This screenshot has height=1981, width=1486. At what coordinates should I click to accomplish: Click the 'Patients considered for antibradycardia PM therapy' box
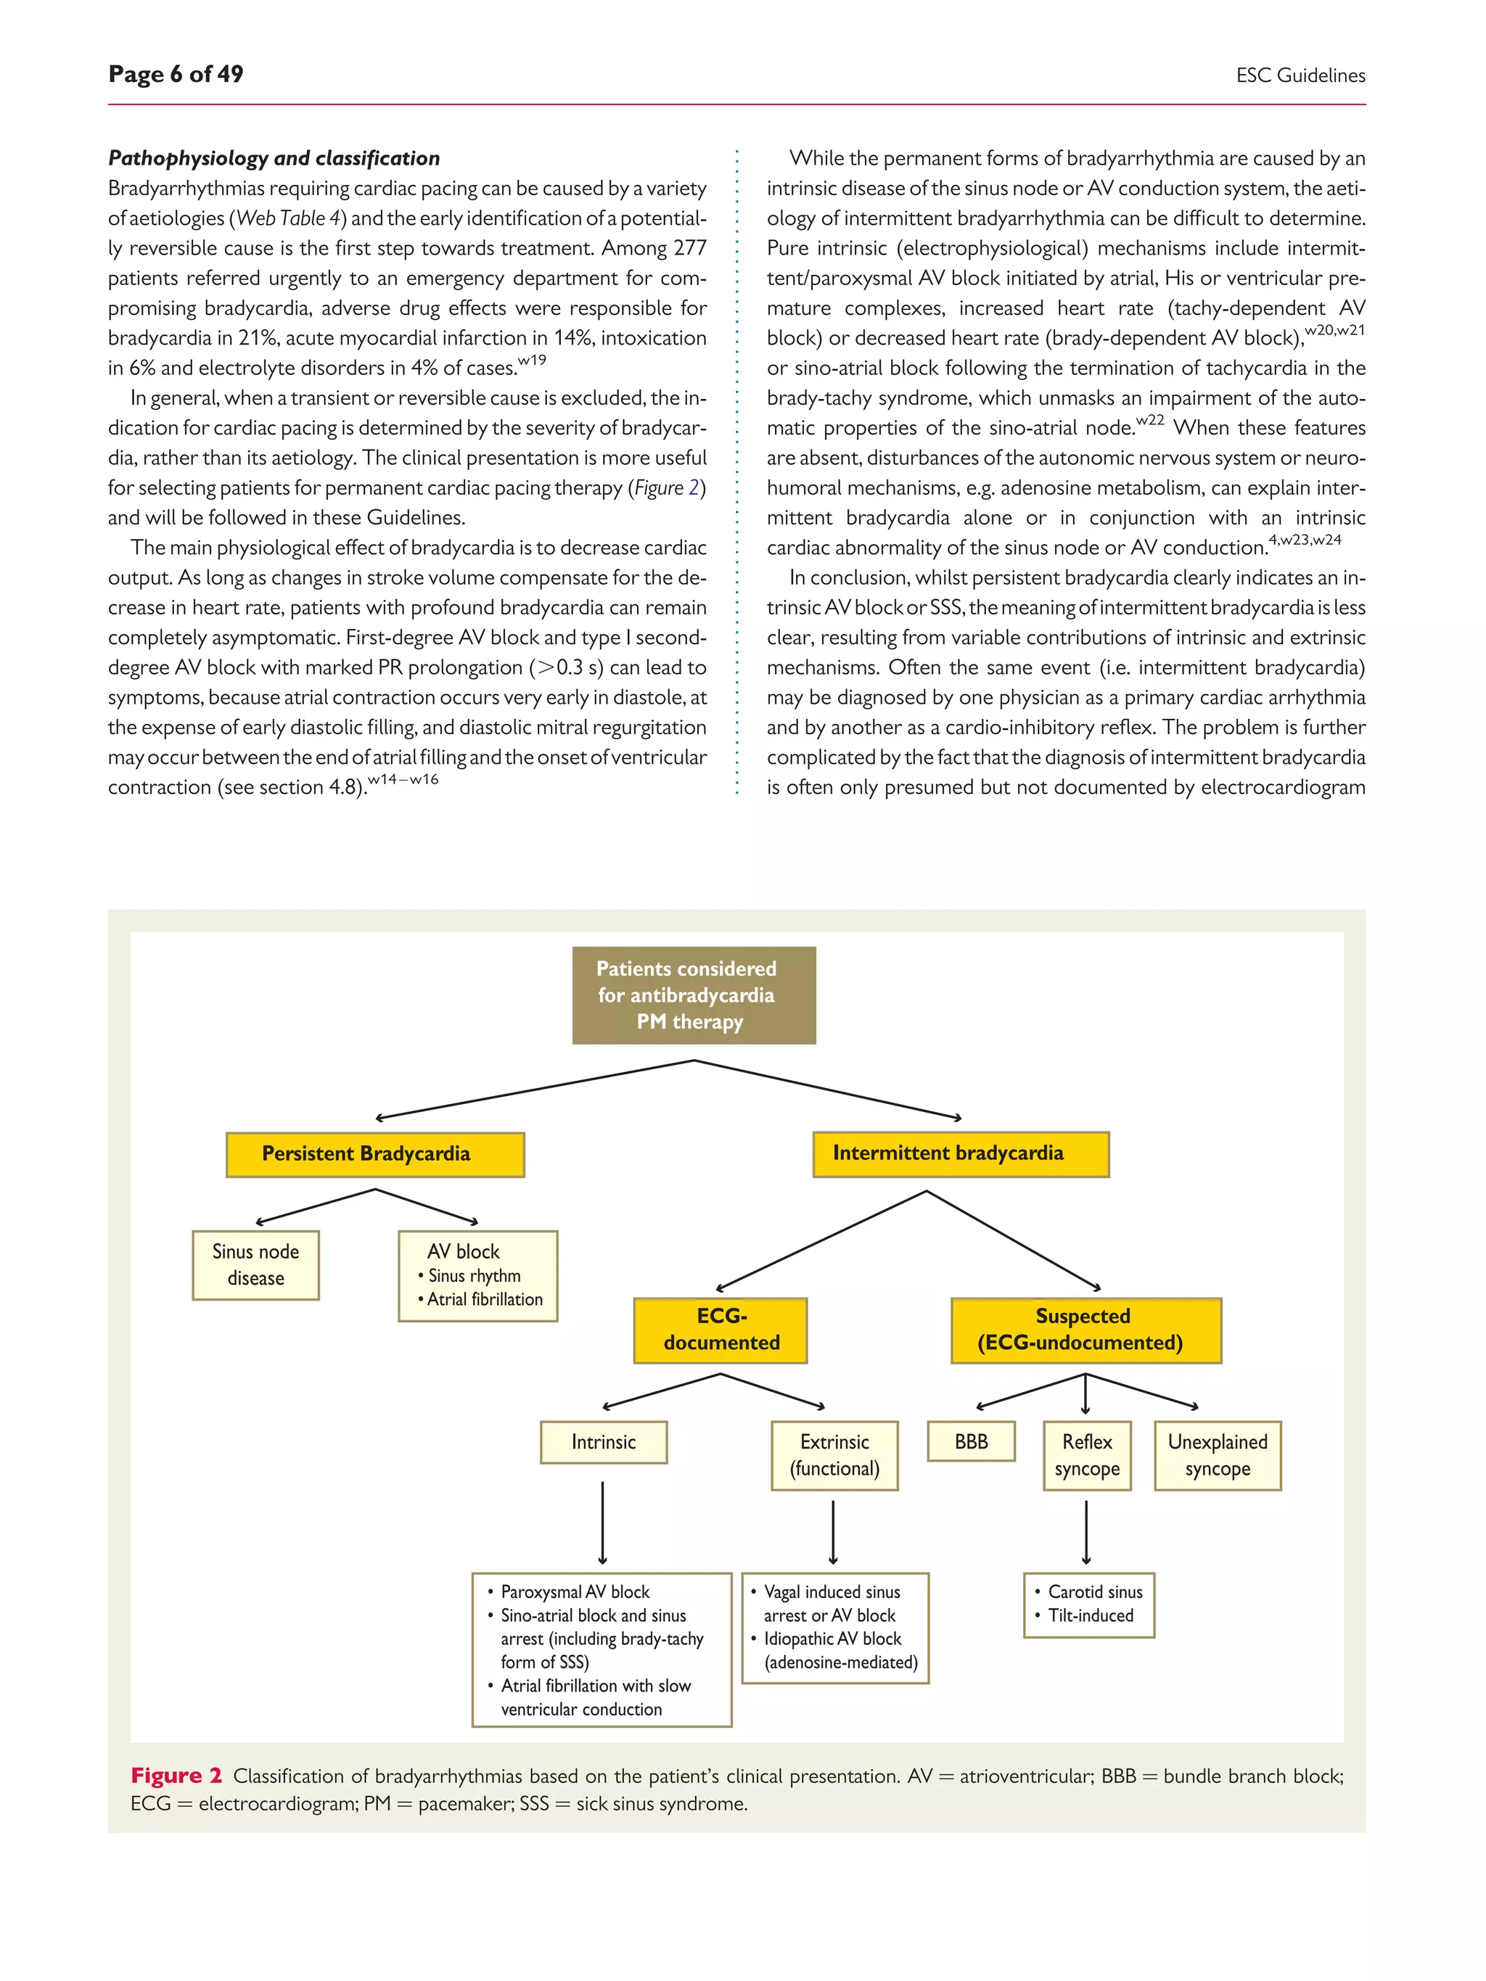[x=693, y=995]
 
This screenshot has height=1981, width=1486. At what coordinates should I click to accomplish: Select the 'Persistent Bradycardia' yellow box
[x=374, y=1154]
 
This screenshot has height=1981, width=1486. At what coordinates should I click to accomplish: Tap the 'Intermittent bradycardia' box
[x=960, y=1153]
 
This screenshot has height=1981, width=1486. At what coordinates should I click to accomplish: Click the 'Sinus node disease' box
[x=255, y=1264]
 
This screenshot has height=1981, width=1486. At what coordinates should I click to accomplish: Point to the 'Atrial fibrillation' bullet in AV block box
[x=484, y=1299]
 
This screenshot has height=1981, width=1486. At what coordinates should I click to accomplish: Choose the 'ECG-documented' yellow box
[x=721, y=1329]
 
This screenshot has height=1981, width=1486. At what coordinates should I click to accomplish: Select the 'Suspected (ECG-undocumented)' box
[x=1085, y=1329]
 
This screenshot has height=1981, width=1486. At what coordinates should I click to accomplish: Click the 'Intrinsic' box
[x=603, y=1442]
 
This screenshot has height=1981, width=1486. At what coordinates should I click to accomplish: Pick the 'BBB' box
[x=971, y=1441]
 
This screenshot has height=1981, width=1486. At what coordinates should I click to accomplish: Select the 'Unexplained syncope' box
[x=1218, y=1455]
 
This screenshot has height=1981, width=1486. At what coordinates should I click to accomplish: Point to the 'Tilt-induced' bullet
[x=1090, y=1615]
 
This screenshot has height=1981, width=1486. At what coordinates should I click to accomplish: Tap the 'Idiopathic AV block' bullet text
[x=832, y=1639]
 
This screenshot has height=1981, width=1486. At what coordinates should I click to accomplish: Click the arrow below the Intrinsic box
[x=603, y=1523]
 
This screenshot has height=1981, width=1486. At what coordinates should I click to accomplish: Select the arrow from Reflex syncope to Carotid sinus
[x=1086, y=1533]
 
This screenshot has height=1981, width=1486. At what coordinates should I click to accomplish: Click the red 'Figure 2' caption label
[x=176, y=1776]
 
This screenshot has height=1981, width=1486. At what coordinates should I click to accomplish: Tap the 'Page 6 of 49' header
[x=176, y=74]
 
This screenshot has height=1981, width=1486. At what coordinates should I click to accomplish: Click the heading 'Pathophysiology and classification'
[x=274, y=159]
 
